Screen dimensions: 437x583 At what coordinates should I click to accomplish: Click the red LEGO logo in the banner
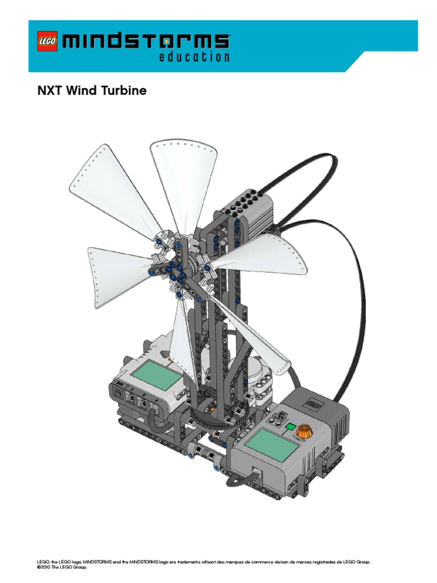48,41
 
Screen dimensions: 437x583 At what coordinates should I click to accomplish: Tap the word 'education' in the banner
194,56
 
